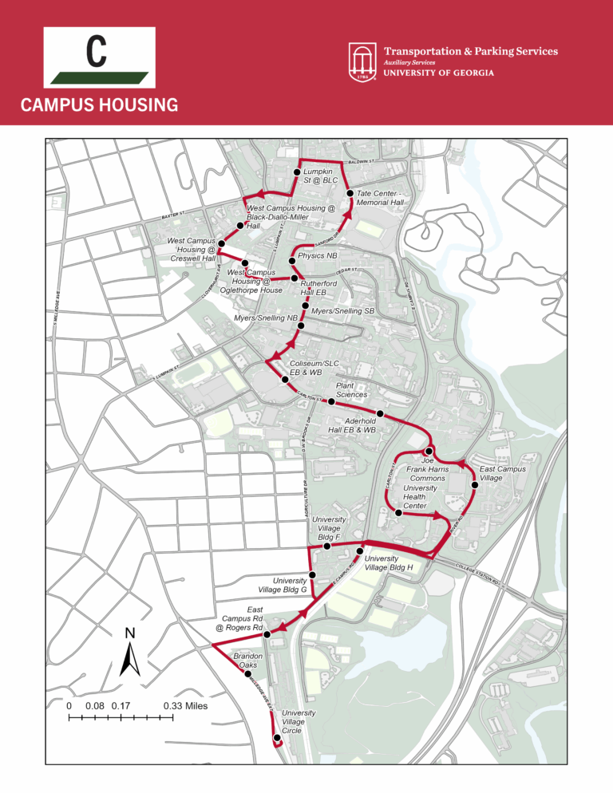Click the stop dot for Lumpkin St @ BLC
click(297, 172)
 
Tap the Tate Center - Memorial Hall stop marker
click(350, 193)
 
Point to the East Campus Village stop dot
click(475, 485)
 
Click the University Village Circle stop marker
click(277, 738)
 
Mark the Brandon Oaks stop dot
click(247, 674)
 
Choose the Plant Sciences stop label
click(351, 389)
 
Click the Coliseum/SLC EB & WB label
click(306, 368)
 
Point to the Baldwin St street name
click(368, 161)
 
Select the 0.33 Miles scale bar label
click(184, 706)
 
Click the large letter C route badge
click(99, 57)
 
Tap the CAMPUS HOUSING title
click(99, 105)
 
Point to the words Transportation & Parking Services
click(471, 51)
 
